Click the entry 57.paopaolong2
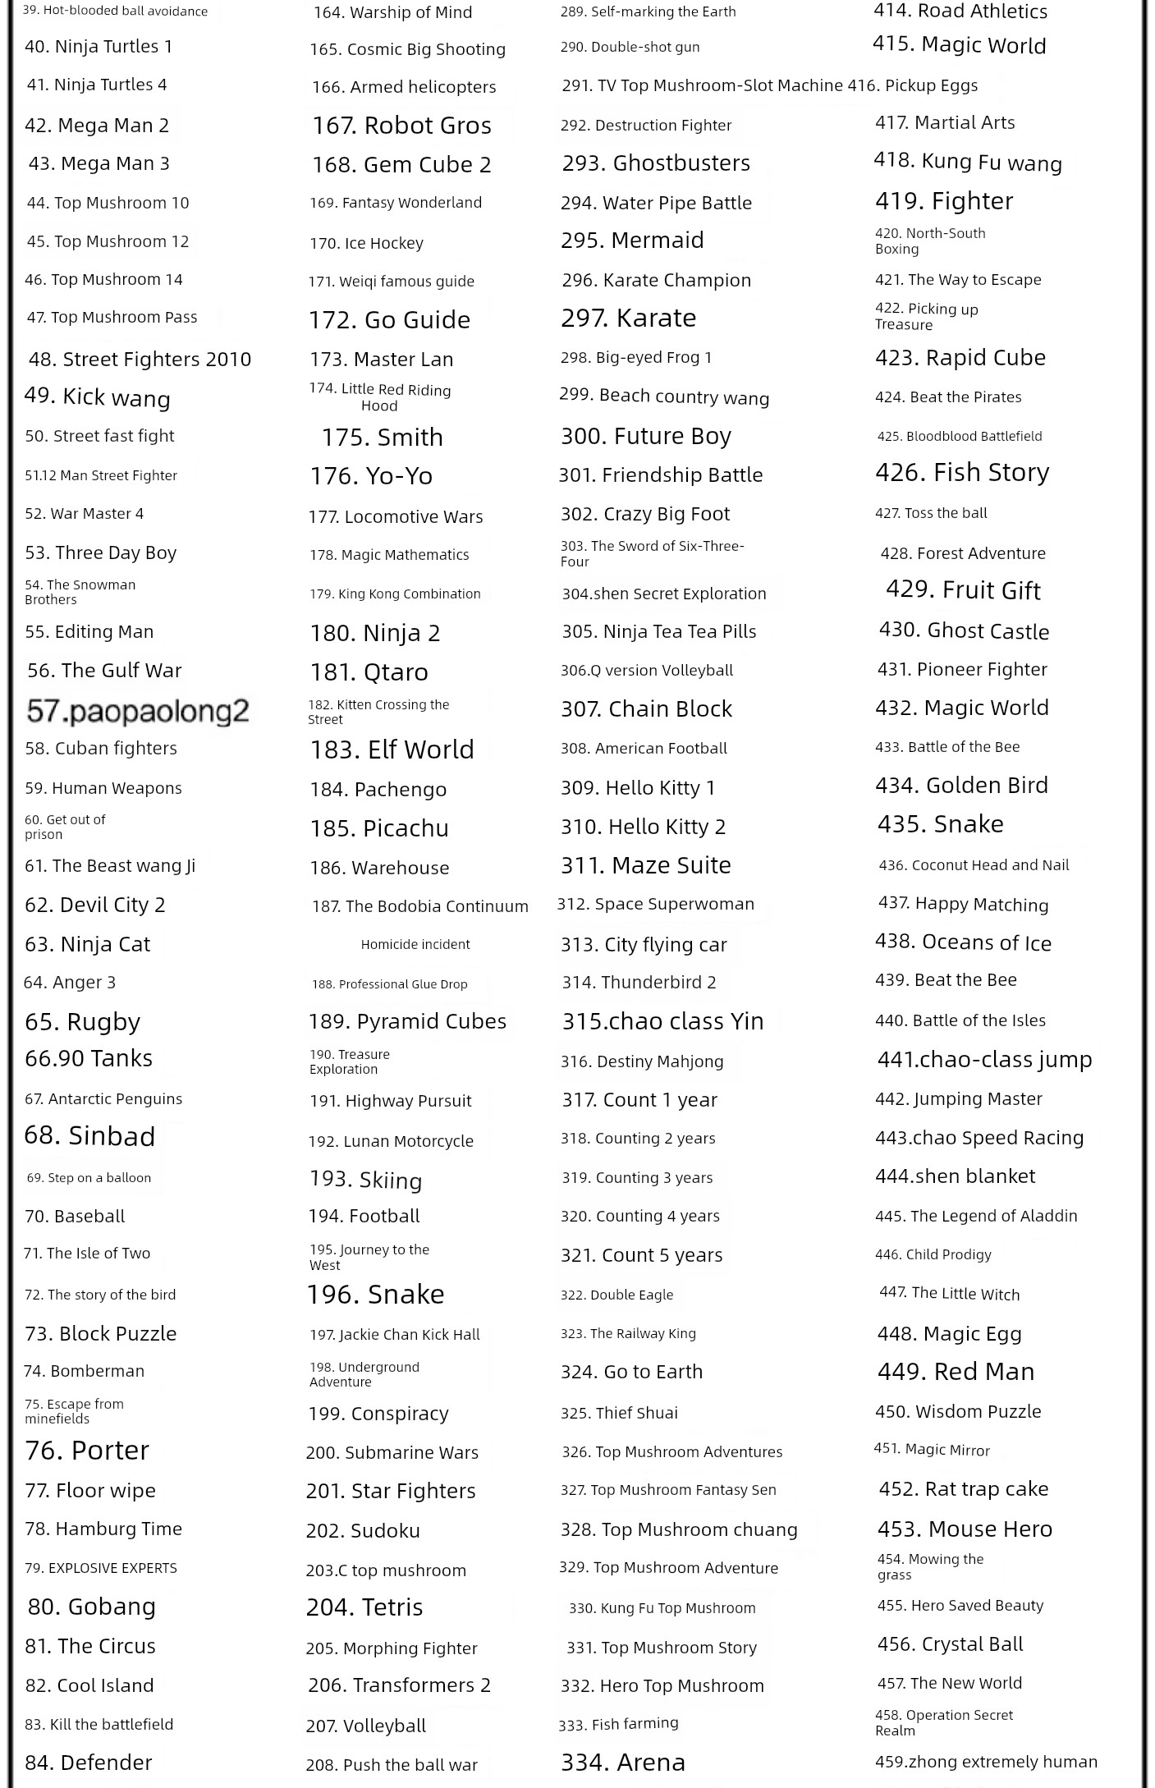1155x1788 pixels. [137, 711]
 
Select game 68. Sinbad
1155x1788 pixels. [89, 1136]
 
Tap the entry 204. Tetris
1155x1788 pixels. [364, 1607]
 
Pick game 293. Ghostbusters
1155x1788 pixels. [655, 163]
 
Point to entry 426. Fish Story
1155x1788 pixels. [961, 473]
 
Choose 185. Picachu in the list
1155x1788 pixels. [378, 828]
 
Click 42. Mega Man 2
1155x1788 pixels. [97, 126]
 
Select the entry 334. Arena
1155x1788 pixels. [622, 1762]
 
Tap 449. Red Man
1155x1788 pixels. [956, 1372]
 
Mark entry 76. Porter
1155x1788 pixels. [87, 1451]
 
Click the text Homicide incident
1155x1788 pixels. [415, 945]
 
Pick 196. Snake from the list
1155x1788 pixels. [375, 1295]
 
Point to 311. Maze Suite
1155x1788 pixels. [645, 865]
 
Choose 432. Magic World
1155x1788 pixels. [961, 708]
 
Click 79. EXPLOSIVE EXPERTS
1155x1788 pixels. [100, 1568]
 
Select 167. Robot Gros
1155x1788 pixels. [401, 126]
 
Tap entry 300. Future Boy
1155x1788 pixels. [645, 436]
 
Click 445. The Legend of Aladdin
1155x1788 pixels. [975, 1216]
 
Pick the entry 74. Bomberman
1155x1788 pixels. [84, 1371]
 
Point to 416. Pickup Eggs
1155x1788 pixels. [913, 85]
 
